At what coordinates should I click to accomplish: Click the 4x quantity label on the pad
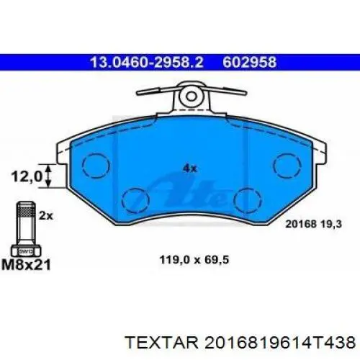tap(189, 168)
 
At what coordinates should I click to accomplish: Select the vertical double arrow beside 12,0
tap(48, 176)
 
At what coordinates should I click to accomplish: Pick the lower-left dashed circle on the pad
tap(135, 198)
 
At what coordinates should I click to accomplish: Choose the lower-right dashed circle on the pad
tap(248, 198)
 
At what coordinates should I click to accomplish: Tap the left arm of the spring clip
tap(158, 94)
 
